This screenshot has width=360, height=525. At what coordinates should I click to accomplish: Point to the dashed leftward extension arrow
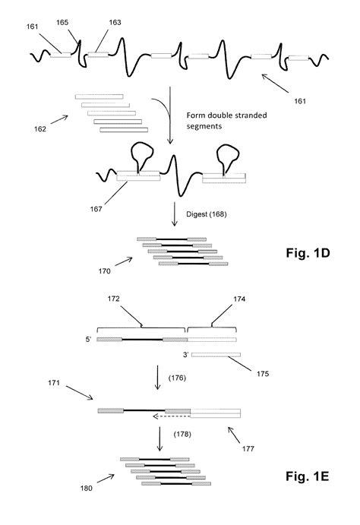tap(169, 416)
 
